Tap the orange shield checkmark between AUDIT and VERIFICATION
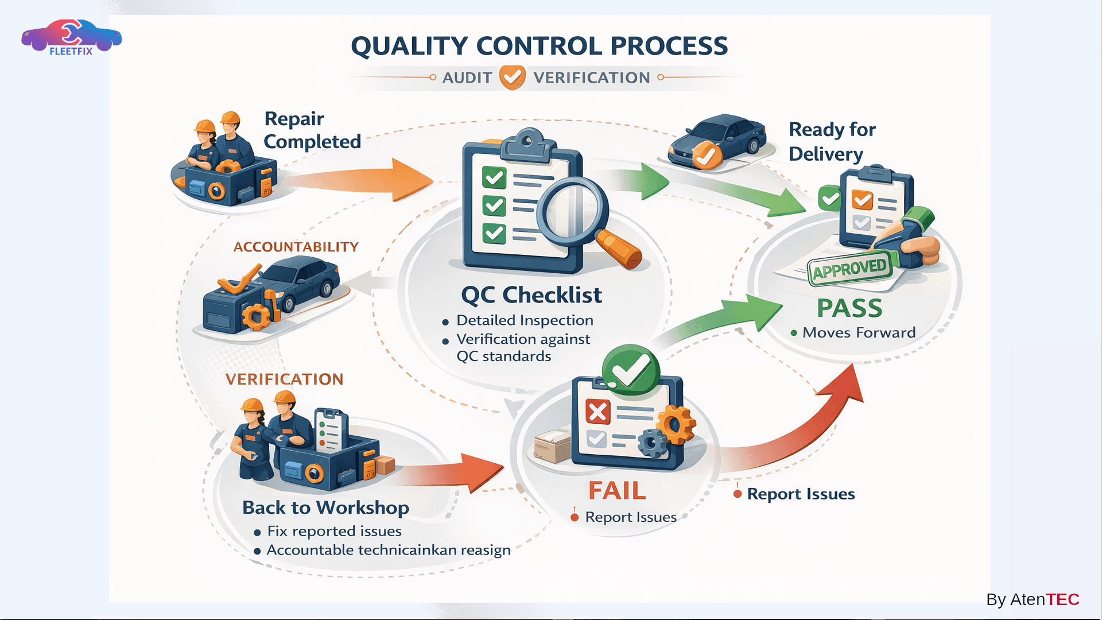[512, 77]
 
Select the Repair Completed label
[312, 130]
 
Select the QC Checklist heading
[531, 295]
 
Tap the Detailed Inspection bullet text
[525, 320]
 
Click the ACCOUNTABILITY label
[296, 247]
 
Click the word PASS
[849, 308]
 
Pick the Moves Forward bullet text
[859, 332]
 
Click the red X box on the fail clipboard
[597, 412]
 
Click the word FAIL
[617, 491]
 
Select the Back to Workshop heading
[325, 507]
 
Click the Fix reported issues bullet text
[334, 531]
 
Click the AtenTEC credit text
[1033, 599]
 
